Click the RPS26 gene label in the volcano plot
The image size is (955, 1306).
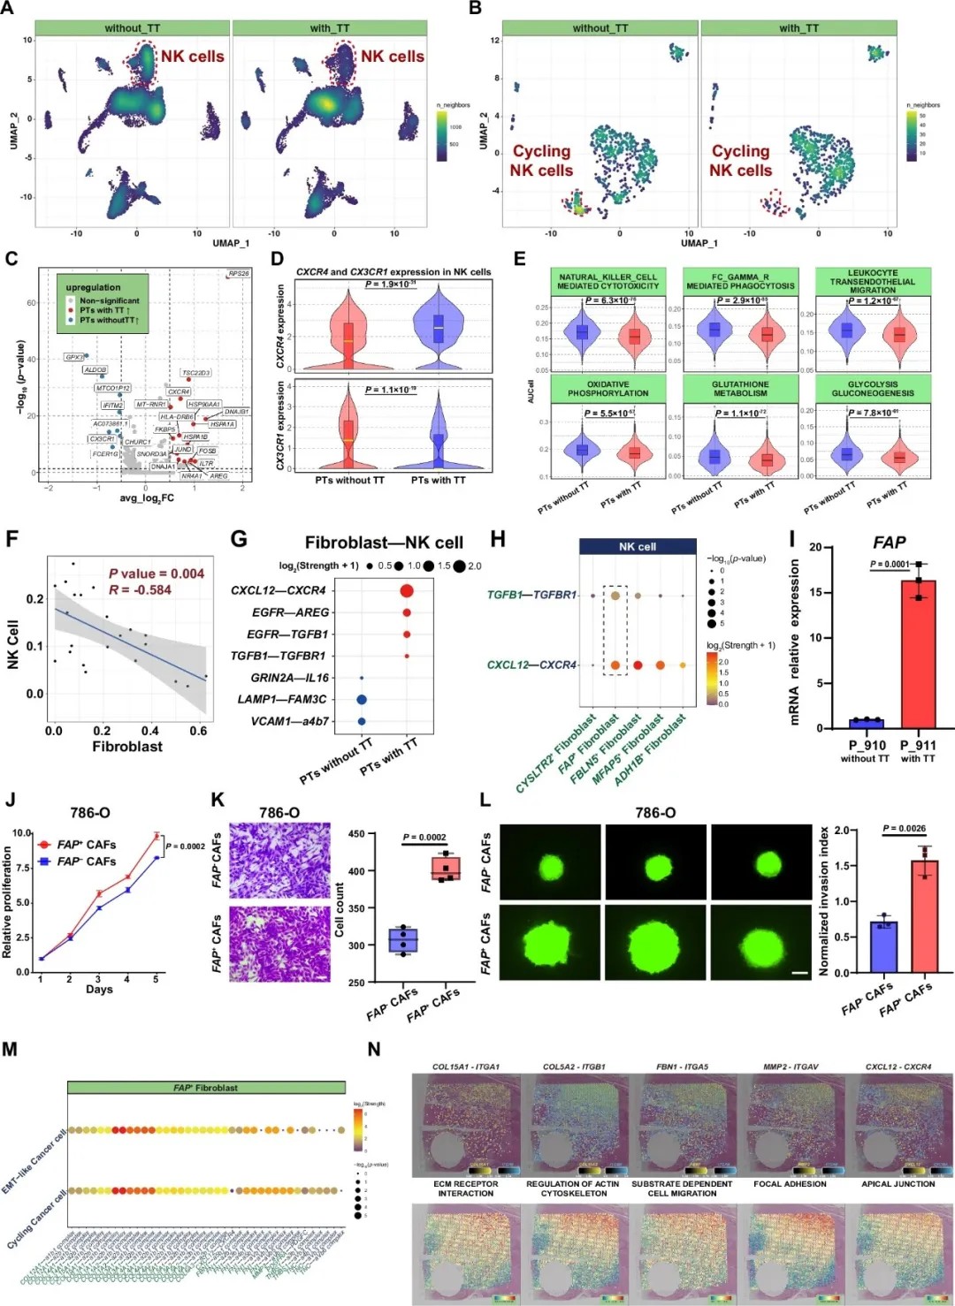(x=239, y=274)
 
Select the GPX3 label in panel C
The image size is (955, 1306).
(x=74, y=358)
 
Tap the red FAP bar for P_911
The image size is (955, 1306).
(x=918, y=654)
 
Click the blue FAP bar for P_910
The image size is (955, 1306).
(x=866, y=724)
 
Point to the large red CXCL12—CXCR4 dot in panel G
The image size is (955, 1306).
(x=407, y=590)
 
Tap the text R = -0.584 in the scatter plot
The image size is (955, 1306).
(x=141, y=590)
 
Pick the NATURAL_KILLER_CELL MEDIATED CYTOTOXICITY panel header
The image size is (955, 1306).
(x=607, y=281)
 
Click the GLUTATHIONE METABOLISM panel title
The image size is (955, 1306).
(x=740, y=389)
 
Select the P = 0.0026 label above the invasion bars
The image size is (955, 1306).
(x=904, y=829)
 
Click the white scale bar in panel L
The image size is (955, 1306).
(x=800, y=973)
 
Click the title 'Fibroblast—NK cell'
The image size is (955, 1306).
(x=384, y=543)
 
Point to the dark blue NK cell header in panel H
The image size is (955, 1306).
(x=637, y=547)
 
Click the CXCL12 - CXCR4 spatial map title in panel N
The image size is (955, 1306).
(x=898, y=1067)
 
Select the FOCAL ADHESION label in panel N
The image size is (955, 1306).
(x=790, y=1184)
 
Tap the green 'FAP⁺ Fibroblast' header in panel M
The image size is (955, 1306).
(x=205, y=1088)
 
